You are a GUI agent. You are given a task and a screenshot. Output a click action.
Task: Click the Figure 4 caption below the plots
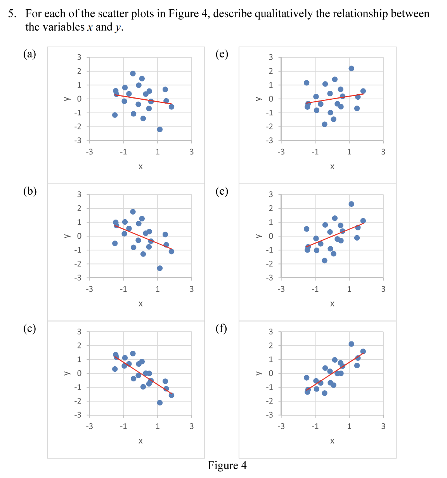tap(227, 465)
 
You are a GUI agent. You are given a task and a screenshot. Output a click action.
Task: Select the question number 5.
tap(12, 14)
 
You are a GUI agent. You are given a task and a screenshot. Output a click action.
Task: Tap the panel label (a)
tap(30, 54)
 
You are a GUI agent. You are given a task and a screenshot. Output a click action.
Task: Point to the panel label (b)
tap(30, 191)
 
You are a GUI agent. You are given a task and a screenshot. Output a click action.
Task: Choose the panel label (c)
tap(29, 329)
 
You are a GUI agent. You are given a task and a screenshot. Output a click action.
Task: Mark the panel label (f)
tap(221, 329)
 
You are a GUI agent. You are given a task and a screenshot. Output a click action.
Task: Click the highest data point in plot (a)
tap(133, 73)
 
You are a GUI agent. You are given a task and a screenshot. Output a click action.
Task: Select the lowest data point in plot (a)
tap(159, 129)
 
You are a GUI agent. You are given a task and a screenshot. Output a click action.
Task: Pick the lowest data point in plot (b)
tap(159, 268)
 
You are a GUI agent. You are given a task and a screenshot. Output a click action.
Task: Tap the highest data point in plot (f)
tap(351, 344)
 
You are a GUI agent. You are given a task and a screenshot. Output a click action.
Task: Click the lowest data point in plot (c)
tap(159, 403)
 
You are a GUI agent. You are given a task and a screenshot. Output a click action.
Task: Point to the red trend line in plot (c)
tap(144, 375)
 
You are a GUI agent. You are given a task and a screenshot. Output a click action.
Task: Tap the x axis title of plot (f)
tap(332, 441)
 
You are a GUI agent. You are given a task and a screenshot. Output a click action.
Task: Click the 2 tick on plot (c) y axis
tap(79, 345)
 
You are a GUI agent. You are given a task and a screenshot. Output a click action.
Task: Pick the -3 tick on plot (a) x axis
tap(89, 152)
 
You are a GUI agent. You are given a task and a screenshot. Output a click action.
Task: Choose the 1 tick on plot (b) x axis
tap(158, 289)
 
